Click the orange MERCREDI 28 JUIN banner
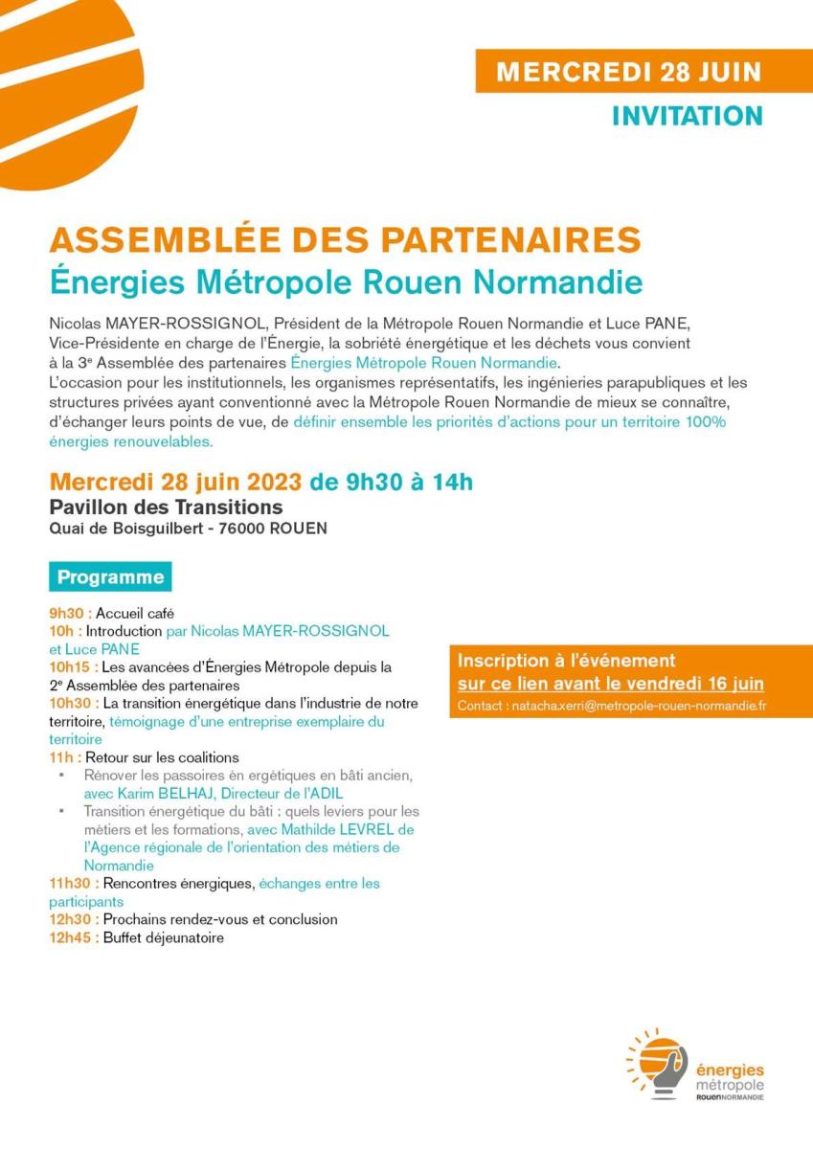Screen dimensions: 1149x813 tap(628, 72)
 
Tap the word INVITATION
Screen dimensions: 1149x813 tap(687, 116)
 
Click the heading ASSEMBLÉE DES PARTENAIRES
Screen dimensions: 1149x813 tap(345, 239)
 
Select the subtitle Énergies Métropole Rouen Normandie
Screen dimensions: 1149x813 tap(346, 283)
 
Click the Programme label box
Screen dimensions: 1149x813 tap(110, 577)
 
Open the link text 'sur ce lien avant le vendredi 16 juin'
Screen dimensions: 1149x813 tap(610, 684)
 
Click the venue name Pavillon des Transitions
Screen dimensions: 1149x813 tap(166, 507)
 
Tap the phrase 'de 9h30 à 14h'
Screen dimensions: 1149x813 tap(392, 481)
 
